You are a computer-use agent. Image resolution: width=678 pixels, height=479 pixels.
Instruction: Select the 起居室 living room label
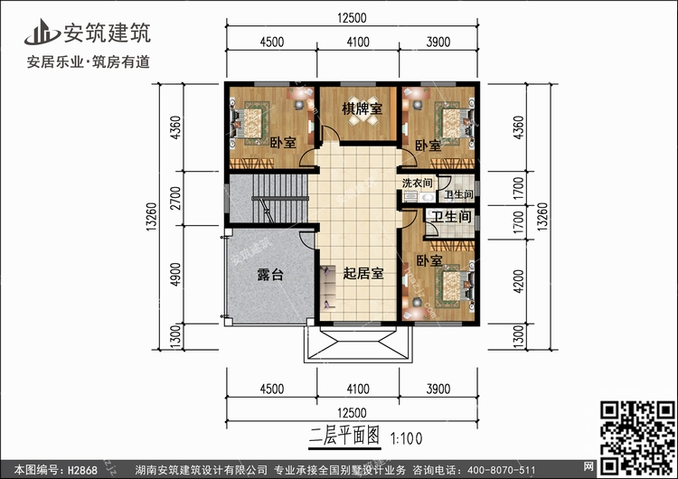click(362, 274)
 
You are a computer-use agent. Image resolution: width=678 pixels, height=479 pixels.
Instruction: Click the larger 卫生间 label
click(449, 217)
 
